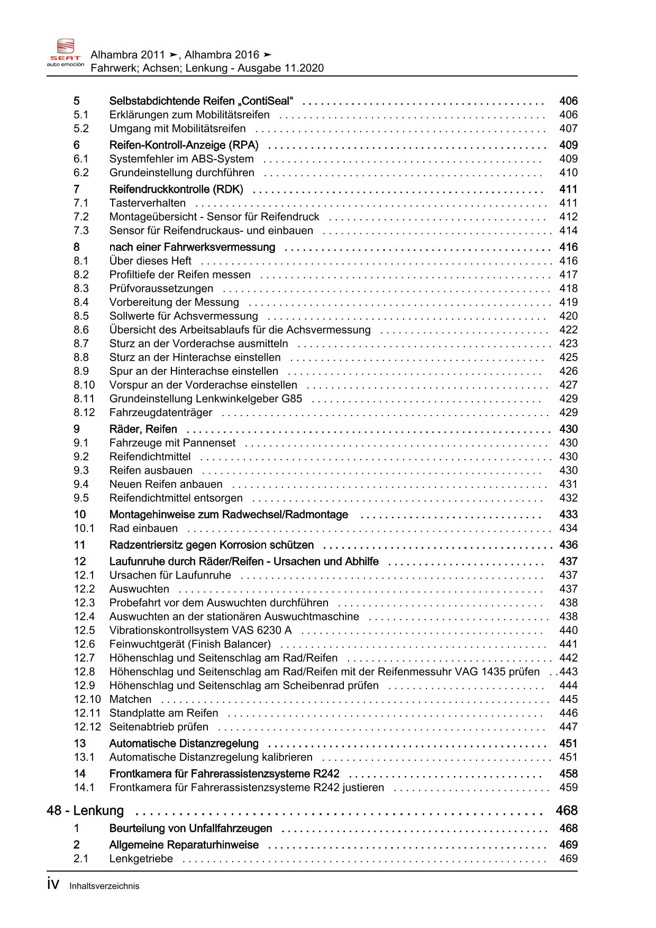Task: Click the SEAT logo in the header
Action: click(66, 52)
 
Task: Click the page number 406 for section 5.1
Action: click(568, 115)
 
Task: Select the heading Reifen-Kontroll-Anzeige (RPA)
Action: click(184, 145)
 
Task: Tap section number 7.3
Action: click(81, 231)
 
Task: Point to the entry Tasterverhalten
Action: click(148, 203)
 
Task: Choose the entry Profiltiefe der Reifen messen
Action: click(180, 275)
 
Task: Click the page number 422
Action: click(568, 330)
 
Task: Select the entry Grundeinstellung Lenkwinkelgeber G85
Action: click(205, 399)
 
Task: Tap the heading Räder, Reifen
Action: click(143, 429)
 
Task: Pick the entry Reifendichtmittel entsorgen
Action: click(176, 498)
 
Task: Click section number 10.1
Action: click(84, 528)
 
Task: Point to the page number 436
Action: click(568, 545)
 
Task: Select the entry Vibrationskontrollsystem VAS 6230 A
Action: click(200, 630)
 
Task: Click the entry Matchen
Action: click(130, 699)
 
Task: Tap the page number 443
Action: click(568, 672)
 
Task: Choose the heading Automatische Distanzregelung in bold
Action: click(184, 744)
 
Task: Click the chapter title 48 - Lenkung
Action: click(85, 811)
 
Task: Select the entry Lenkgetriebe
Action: click(141, 859)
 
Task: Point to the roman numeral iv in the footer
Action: click(53, 885)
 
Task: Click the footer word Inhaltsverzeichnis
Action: click(104, 886)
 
